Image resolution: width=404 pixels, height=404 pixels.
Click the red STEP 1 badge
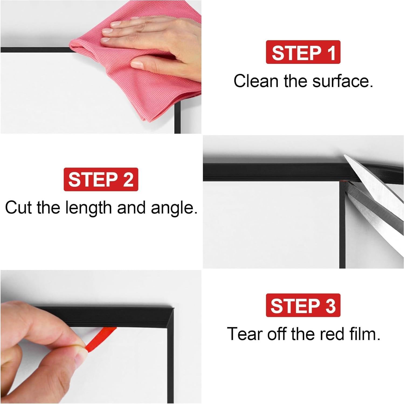(x=303, y=52)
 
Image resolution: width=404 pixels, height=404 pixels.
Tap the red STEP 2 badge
(x=101, y=179)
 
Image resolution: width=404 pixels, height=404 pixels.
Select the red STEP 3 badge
(x=303, y=305)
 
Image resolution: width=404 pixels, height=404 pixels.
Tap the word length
(x=88, y=208)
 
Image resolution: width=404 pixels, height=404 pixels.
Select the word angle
(x=174, y=208)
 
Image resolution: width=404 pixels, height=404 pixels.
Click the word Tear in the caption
(x=244, y=334)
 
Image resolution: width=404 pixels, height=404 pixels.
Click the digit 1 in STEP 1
(x=331, y=52)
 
